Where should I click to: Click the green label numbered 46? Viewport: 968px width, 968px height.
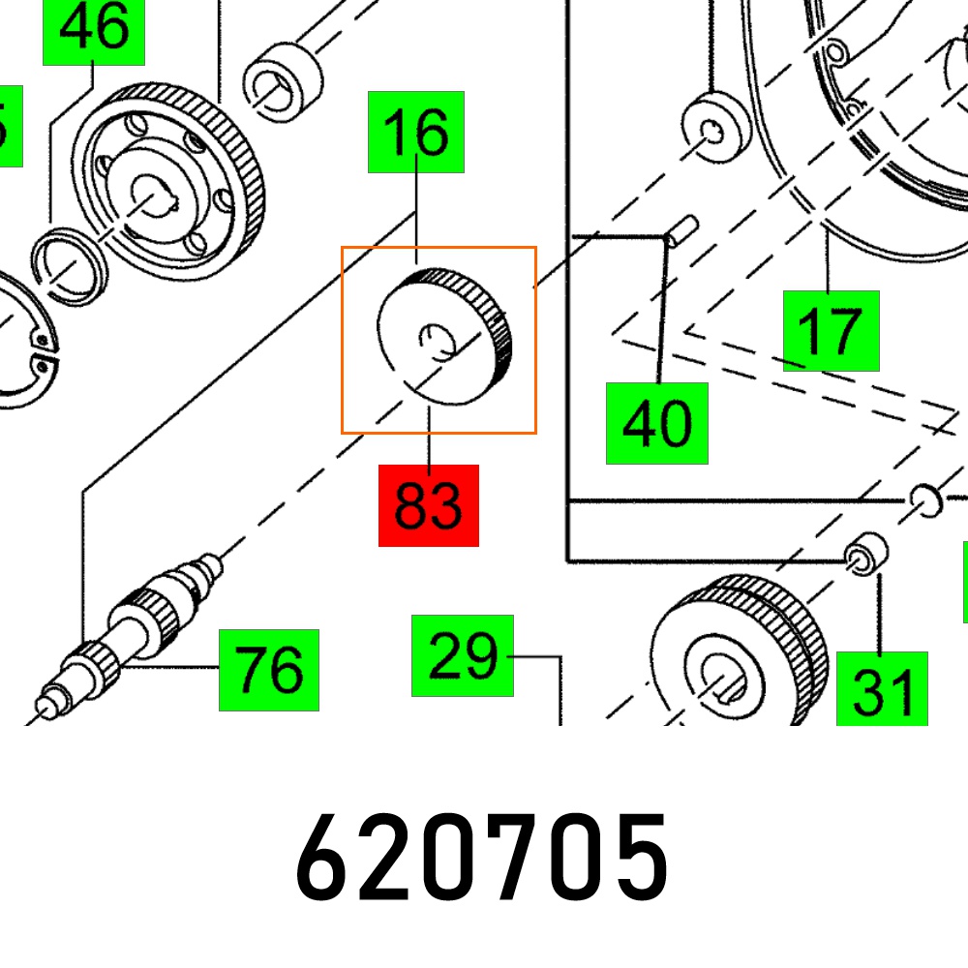[x=94, y=32]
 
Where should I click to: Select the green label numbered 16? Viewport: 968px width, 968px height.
[x=416, y=132]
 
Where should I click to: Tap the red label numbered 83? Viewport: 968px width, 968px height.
[x=429, y=505]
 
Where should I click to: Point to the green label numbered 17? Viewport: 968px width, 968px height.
[x=831, y=331]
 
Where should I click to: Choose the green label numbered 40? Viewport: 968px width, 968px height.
[x=657, y=424]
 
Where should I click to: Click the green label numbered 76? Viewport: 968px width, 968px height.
[x=269, y=671]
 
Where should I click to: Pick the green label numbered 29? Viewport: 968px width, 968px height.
[x=463, y=655]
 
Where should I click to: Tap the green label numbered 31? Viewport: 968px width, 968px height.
[x=882, y=689]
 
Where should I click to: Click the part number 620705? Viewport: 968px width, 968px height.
[x=482, y=857]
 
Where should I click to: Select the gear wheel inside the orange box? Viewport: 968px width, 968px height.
[x=444, y=337]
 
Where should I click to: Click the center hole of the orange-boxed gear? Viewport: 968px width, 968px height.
[x=438, y=342]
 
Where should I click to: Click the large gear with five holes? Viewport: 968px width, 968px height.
[x=167, y=182]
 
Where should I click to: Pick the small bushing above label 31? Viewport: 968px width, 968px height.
[x=866, y=554]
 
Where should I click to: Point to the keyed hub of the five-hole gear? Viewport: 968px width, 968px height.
[x=154, y=196]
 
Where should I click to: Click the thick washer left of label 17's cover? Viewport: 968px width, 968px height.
[x=716, y=128]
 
